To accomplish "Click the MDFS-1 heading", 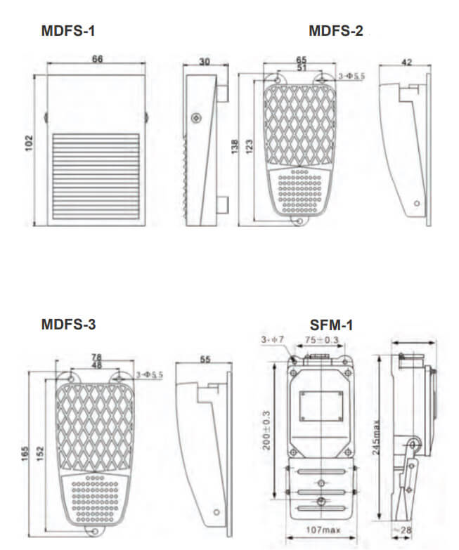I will tap(68, 31).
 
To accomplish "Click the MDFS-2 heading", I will tap(336, 31).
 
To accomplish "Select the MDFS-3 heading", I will tap(68, 325).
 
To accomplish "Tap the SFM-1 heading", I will tap(331, 325).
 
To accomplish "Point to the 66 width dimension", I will tap(97, 60).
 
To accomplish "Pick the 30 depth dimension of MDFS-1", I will tap(205, 62).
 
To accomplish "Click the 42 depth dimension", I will tap(405, 62).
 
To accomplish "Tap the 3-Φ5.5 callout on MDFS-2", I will tap(351, 75).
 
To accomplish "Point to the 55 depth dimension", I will tap(205, 358).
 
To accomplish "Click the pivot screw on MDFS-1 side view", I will tap(195, 117).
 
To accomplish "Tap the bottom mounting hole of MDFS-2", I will tap(300, 221).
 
